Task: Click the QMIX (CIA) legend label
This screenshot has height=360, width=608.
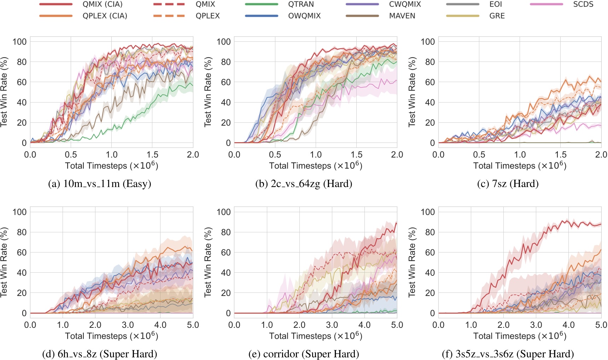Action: pos(103,5)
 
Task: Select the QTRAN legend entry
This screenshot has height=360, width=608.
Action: pos(301,5)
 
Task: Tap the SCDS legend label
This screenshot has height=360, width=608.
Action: pos(583,5)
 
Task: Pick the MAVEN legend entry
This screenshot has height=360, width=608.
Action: pos(402,16)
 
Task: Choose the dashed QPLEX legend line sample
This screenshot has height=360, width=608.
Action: pos(169,16)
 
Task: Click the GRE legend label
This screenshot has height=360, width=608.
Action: pos(497,16)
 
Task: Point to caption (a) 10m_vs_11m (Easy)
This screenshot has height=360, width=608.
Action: pos(100,184)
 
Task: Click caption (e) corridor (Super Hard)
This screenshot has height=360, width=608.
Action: pos(304,354)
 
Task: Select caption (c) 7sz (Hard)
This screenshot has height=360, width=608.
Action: pos(508,184)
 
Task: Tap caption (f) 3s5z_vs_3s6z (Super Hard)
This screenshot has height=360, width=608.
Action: pos(508,354)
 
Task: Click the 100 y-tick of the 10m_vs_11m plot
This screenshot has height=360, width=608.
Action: pos(19,42)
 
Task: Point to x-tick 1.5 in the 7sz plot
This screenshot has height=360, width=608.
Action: pos(560,155)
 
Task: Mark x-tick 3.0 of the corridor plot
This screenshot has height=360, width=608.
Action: pos(332,325)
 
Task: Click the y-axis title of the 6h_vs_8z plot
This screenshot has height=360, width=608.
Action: pos(4,262)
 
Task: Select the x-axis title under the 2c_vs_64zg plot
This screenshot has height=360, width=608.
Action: pos(315,166)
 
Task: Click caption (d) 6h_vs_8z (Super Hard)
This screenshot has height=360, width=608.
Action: pos(100,354)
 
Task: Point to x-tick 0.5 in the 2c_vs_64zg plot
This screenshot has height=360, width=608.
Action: pos(275,155)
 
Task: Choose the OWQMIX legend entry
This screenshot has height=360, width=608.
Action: pos(304,16)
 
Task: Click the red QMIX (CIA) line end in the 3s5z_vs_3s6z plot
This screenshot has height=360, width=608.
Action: pos(601,224)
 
